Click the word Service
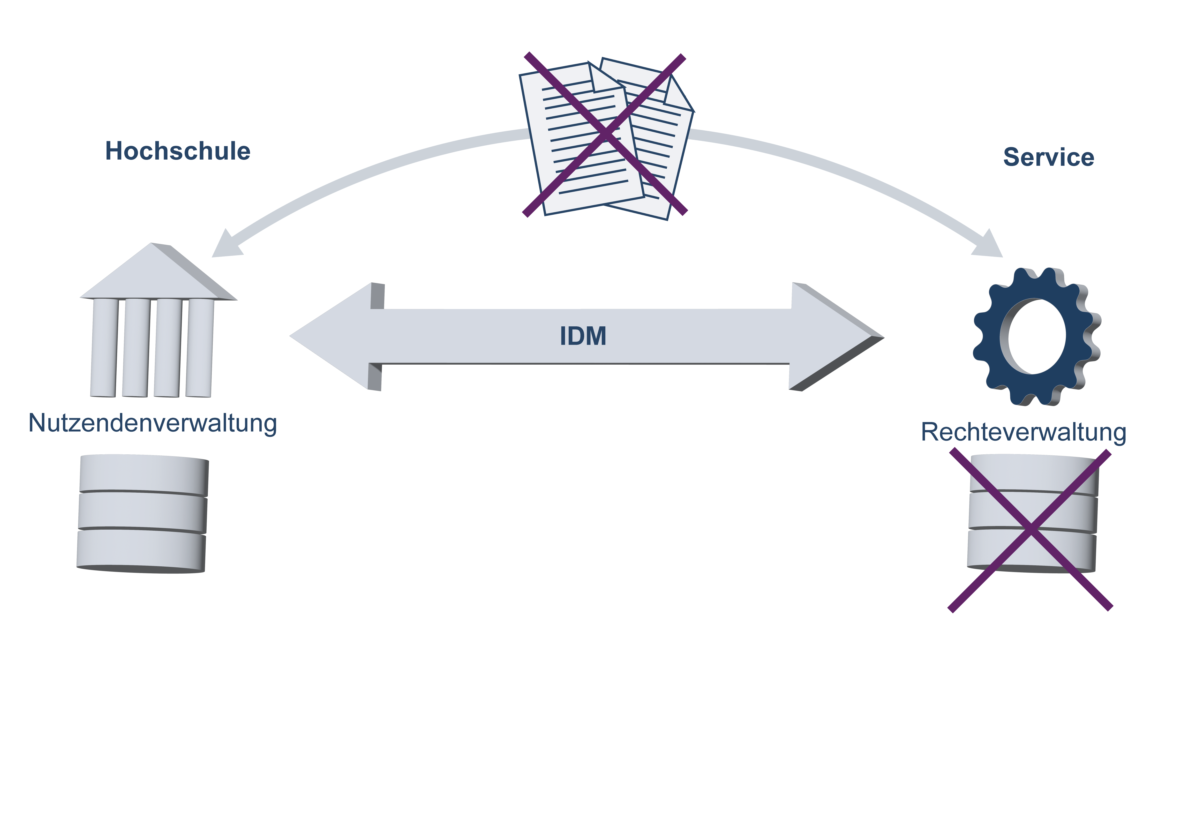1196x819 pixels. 1048,157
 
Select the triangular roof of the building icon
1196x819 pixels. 154,275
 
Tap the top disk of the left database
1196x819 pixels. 143,475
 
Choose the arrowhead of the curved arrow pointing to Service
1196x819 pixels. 989,246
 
